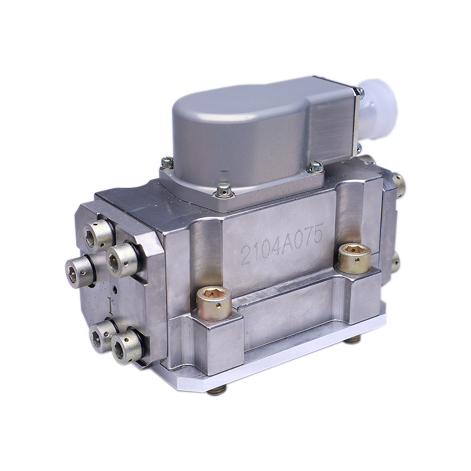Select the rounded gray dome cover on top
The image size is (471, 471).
point(251,132)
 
